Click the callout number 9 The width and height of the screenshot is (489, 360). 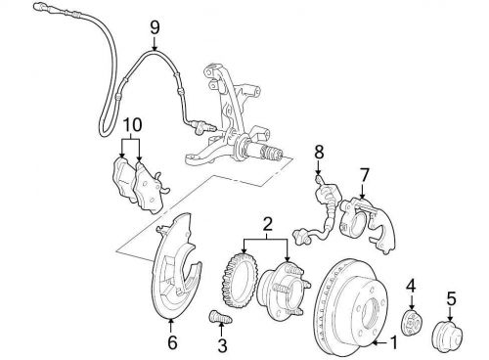point(155,27)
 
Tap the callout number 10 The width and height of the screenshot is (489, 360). point(133,124)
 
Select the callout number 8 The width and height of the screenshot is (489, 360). point(319,153)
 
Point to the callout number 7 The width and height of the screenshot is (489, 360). point(364,175)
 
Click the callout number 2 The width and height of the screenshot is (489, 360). point(267,223)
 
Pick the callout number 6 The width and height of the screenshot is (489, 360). point(172,342)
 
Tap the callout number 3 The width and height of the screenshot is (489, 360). point(222,345)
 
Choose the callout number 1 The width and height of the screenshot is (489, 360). point(394,342)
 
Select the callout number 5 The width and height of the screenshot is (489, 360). point(451,299)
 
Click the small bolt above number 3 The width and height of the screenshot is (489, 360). point(220,317)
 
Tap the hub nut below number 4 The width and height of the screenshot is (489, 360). point(411,323)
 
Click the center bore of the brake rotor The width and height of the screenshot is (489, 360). point(373,312)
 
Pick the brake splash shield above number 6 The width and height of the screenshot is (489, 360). point(175,267)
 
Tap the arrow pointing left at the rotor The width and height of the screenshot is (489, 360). point(380,342)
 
